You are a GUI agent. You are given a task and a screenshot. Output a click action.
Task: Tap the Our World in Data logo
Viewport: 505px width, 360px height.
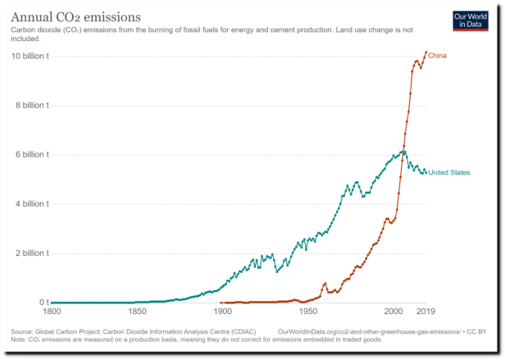click(x=469, y=21)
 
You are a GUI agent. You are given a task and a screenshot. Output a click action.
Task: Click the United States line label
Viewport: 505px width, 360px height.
click(x=449, y=172)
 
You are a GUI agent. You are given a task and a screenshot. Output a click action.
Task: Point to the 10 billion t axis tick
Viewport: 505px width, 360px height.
click(x=30, y=56)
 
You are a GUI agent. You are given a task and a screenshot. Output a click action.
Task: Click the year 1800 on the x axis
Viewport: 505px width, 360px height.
click(x=52, y=312)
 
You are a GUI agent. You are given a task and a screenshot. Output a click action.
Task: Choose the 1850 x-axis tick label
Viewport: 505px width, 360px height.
click(x=137, y=312)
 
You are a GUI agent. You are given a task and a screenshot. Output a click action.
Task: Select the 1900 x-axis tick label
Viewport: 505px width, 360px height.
click(x=222, y=312)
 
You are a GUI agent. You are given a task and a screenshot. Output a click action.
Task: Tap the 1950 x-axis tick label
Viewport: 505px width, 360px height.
click(x=307, y=312)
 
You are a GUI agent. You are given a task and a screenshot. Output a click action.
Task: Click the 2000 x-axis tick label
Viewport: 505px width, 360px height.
click(x=393, y=312)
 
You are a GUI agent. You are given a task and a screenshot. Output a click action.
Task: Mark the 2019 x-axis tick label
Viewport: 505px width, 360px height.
click(x=425, y=312)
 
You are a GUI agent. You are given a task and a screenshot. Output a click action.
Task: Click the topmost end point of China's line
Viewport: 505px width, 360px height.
click(x=425, y=52)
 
